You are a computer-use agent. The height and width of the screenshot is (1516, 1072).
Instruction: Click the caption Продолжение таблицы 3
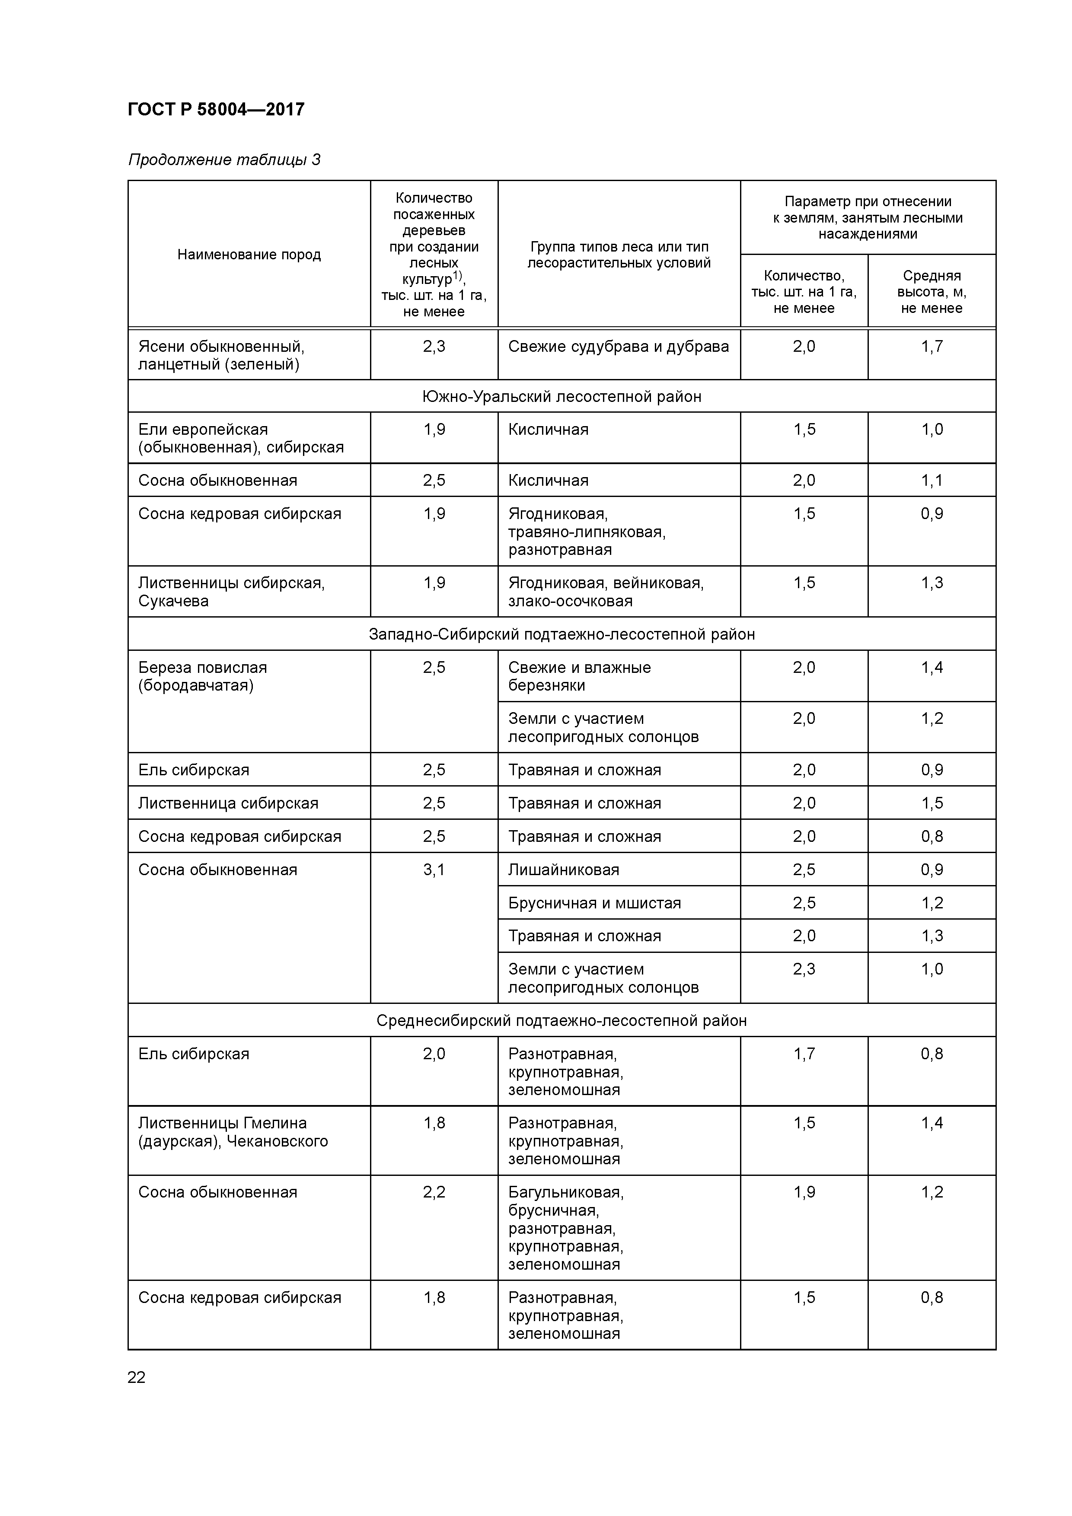pos(224,160)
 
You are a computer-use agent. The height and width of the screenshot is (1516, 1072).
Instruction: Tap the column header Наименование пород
pos(249,255)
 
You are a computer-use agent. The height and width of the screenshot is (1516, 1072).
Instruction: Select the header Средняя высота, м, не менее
pos(932,292)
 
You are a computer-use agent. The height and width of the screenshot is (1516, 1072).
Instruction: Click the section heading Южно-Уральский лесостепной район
pos(562,397)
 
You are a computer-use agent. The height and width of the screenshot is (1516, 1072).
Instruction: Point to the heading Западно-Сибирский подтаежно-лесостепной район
pos(562,634)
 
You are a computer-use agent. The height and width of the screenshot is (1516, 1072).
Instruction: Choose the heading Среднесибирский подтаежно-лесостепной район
pos(562,1021)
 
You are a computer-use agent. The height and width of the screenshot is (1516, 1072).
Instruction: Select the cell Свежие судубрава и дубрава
pos(618,347)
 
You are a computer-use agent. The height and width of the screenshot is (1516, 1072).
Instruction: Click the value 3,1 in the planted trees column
pos(434,870)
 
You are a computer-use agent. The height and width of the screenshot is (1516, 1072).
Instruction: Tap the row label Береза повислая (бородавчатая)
pos(203,676)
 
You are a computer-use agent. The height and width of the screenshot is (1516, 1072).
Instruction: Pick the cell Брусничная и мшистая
pos(594,903)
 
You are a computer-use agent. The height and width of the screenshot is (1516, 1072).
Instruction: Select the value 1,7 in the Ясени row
pos(932,347)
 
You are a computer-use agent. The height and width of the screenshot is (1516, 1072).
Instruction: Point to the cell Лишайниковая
pos(563,870)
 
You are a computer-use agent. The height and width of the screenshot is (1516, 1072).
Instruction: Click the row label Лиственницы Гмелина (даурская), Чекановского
pos(233,1132)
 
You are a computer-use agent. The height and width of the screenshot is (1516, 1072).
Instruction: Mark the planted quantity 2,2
pos(434,1192)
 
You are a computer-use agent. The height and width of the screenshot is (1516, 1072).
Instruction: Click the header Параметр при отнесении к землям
pos(867,218)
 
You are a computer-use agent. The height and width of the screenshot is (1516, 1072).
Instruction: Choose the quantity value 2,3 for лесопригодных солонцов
pos(804,969)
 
